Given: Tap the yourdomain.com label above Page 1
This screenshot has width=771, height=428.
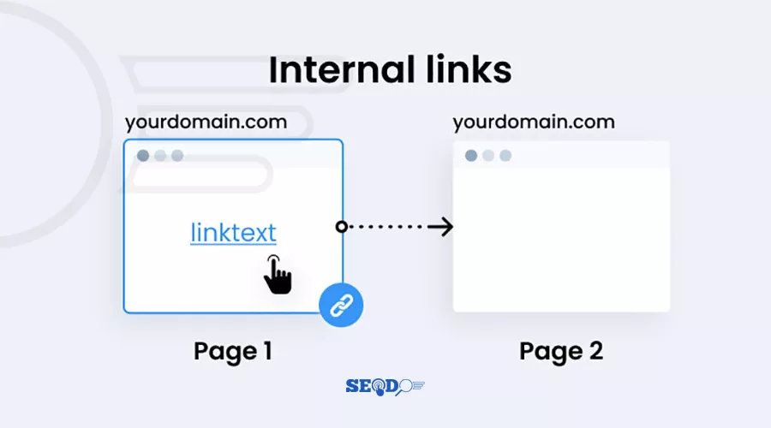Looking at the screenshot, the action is [206, 122].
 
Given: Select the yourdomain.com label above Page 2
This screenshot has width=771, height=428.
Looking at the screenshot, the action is [534, 122].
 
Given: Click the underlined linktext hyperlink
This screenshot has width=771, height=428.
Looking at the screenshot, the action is [234, 233].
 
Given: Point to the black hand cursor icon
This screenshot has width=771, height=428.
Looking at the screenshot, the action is [278, 275].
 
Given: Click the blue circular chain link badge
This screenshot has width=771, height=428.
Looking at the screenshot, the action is [341, 305].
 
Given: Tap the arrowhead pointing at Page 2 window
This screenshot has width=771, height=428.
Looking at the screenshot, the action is [443, 227].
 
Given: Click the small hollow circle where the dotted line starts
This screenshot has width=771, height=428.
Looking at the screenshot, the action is [341, 227].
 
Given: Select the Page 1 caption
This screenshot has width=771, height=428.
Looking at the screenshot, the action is [233, 352].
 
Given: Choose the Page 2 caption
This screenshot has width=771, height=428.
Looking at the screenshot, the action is [561, 352].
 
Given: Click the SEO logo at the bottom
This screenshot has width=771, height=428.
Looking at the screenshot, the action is [385, 387].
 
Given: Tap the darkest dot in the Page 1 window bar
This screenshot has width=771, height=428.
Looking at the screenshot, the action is [143, 156].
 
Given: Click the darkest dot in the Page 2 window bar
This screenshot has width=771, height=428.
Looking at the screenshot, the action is [471, 156].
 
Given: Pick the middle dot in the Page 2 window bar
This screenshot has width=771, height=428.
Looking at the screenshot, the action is [488, 156].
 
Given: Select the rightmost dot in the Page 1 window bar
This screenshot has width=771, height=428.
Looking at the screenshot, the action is [177, 156].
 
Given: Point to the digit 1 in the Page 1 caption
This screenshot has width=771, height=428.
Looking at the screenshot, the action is [267, 351].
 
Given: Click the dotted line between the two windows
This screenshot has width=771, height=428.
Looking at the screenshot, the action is [386, 227].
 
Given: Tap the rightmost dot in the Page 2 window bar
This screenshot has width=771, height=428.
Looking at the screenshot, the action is [505, 156].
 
